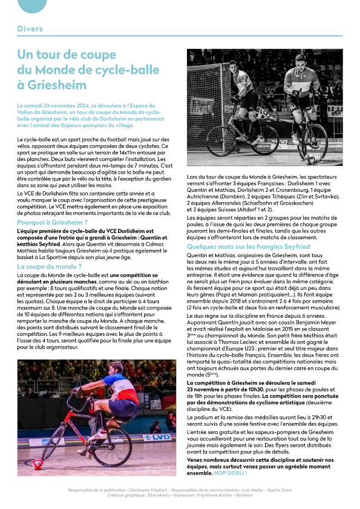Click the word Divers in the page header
30,29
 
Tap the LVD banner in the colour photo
160,436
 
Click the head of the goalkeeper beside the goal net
239,68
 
